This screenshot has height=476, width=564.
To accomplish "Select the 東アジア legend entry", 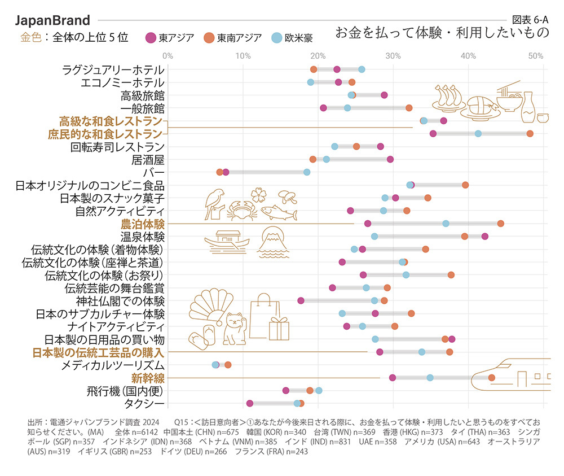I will pos(170,38).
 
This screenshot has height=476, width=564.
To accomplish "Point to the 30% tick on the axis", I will pos(393,56).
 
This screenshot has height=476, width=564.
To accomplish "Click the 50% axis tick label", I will pos(536,56).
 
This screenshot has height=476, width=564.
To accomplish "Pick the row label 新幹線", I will pos(148,377).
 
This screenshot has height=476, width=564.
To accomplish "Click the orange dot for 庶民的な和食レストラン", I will pos(530,134).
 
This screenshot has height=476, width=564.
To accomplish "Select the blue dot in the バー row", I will pos(307,172).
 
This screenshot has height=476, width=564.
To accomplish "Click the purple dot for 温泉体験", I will pos(484,237).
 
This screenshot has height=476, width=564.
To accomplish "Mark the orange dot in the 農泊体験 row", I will pos(500,224).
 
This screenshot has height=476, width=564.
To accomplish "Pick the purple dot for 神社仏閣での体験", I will pos(301,300).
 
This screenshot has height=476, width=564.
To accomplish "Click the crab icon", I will pos(242,210).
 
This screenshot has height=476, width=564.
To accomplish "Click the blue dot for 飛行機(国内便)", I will pos(319,390).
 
